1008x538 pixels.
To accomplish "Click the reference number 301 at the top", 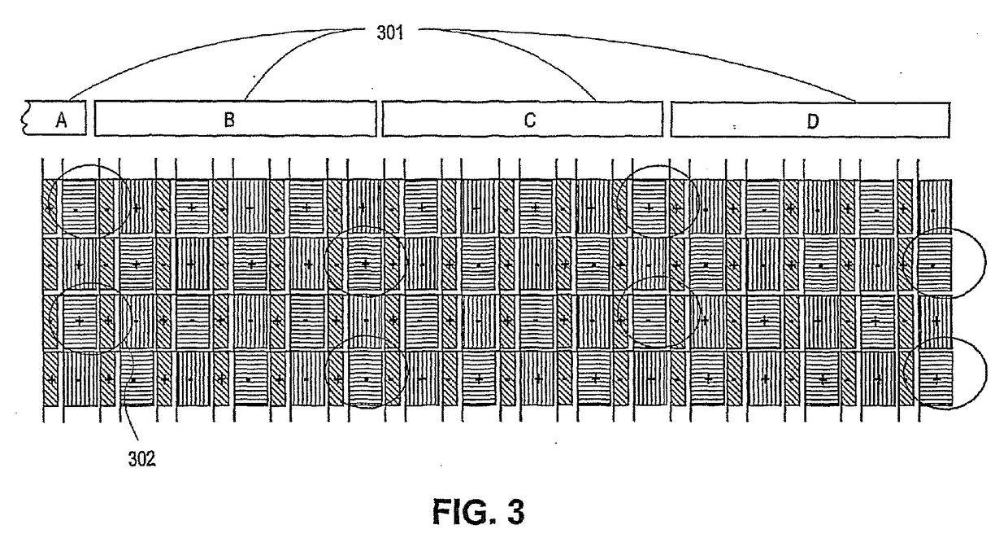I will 389,34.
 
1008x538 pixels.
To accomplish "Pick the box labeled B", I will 235,120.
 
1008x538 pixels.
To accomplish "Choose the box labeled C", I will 522,120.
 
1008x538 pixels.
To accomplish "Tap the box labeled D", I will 810,121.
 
